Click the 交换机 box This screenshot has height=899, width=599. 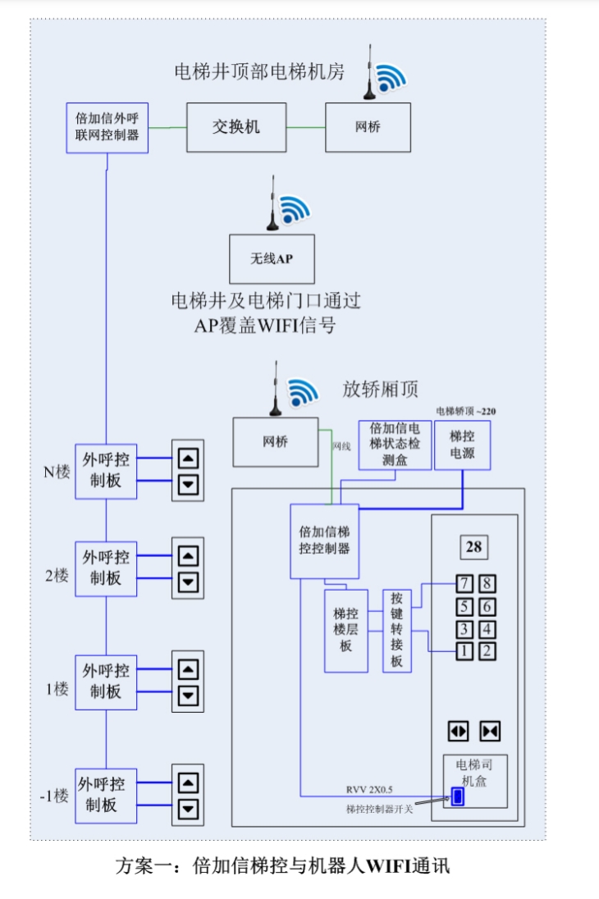tap(236, 127)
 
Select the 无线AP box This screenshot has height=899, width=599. tap(272, 259)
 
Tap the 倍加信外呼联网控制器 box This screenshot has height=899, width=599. tap(107, 127)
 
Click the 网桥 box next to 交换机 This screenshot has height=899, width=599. tap(368, 127)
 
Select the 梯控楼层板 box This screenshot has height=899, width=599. tap(345, 631)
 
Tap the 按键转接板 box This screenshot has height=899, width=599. tap(397, 631)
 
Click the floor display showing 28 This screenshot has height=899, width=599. tap(473, 547)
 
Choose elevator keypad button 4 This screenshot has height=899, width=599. tap(487, 630)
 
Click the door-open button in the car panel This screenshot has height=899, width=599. tap(458, 731)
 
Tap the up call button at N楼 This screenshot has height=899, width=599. tap(189, 459)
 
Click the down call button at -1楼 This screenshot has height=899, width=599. tap(189, 809)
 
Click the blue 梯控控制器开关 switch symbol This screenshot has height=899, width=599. tap(457, 796)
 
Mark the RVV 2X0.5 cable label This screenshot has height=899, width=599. tap(369, 789)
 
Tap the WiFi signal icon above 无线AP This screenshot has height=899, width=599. tap(295, 211)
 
